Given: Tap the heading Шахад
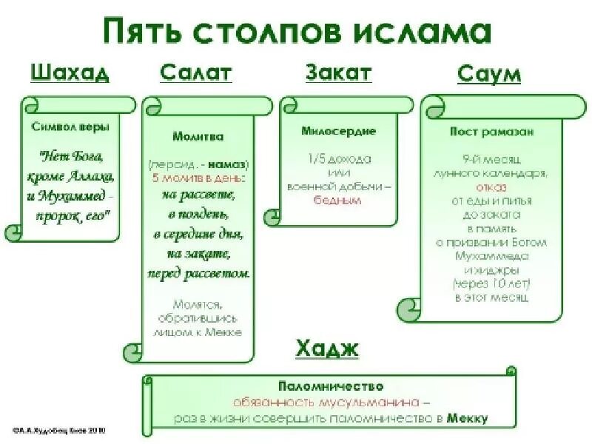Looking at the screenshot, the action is pos(70,73).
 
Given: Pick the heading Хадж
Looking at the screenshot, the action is pos(327,348).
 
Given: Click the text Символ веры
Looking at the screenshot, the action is pos(70,127).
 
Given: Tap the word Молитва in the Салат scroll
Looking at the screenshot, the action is pos(198,136).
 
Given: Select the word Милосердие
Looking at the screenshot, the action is pos(338,131).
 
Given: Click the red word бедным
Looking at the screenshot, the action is pos(337,200).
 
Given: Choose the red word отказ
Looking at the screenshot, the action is pos(491,187).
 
